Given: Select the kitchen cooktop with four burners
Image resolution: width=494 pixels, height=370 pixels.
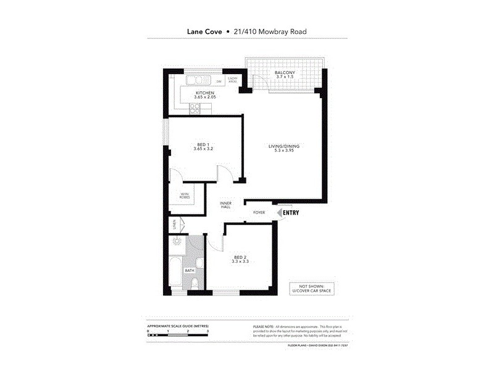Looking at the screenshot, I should [x=196, y=108].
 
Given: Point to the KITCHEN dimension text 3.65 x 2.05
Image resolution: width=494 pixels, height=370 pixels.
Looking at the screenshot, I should [x=204, y=97].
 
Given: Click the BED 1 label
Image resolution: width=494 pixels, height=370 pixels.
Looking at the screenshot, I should [x=203, y=143].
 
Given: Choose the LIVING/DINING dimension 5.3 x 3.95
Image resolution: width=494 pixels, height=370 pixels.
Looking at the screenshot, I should [x=283, y=151].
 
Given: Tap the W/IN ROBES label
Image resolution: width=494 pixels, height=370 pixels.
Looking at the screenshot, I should [x=185, y=195].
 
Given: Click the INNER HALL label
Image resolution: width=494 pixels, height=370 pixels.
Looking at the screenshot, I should [x=225, y=205].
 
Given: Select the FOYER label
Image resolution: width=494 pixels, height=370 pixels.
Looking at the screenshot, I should [x=259, y=213].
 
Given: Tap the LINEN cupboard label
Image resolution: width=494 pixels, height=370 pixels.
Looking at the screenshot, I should [x=174, y=224].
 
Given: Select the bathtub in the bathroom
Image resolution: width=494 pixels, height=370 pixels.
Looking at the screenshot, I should [x=175, y=274].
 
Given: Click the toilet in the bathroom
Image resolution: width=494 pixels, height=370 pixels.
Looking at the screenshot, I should [x=195, y=283].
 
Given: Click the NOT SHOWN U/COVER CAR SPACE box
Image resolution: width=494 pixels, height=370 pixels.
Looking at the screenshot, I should [x=311, y=288].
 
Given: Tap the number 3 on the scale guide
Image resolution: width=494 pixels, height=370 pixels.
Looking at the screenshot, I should [x=207, y=331].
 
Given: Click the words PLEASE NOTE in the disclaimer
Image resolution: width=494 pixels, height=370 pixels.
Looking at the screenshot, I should [x=262, y=326].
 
